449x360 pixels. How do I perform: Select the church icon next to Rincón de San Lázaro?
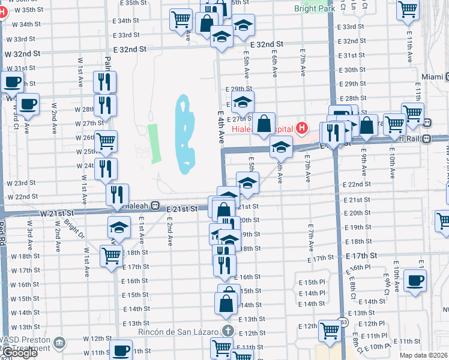pos(228,331)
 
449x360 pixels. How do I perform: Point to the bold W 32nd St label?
pos(23,53)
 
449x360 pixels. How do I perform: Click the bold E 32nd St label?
pos(266,45)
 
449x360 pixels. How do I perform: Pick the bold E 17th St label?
pos(362,256)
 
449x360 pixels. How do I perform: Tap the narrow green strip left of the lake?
pos(155,143)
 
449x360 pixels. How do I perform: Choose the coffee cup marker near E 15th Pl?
pos(415,280)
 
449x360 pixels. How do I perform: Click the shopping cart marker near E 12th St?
pos(330,329)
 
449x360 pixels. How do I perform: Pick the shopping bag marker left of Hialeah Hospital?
pos(264,124)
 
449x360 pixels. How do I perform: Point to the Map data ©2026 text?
pos(423,355)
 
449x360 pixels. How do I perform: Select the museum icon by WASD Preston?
pos(59,343)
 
